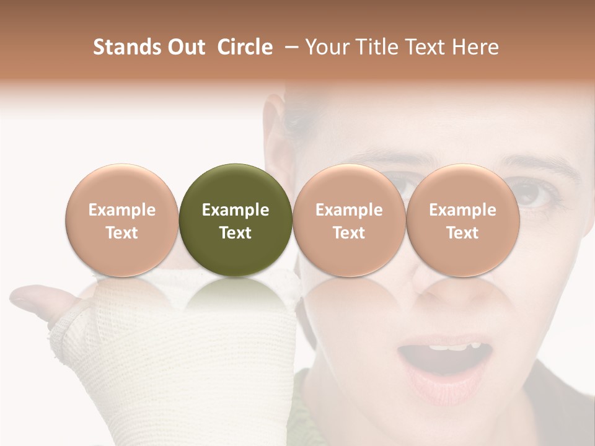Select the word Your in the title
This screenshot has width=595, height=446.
point(327,47)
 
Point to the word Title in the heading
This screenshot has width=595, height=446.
point(377,47)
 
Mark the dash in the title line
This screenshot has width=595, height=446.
point(289,47)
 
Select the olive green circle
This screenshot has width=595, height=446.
point(236,221)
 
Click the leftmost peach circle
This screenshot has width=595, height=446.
point(122,221)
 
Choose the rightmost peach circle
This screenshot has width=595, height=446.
point(462,221)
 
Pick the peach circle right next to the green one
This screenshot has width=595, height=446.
point(349,221)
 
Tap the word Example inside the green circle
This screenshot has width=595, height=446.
point(236,210)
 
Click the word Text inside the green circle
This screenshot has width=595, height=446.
point(236,233)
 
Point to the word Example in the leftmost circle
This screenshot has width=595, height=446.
point(122,210)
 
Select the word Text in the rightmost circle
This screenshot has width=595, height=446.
point(462,233)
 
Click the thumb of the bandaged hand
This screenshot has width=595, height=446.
point(37,297)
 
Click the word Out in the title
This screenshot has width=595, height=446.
point(185,47)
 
